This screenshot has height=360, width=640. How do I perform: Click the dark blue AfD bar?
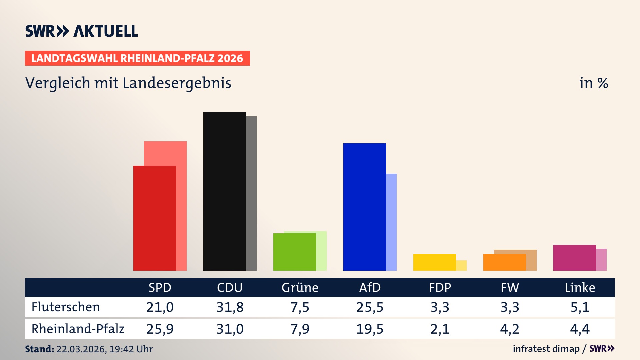[x=364, y=207]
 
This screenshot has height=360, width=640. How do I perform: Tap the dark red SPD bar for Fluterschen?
[x=154, y=218]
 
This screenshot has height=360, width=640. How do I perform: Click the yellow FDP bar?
[x=434, y=262]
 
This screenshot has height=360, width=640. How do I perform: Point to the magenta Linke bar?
[x=574, y=258]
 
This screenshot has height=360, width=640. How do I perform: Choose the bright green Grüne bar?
[x=294, y=252]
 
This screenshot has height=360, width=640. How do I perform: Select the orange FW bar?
[x=504, y=262]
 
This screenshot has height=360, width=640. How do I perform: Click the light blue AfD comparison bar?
[x=391, y=222]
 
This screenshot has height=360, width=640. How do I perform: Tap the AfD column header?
[x=370, y=288]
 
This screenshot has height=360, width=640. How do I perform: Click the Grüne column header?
[x=300, y=288]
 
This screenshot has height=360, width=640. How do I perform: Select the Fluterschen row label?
[x=66, y=307]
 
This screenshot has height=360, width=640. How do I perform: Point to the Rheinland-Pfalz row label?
[x=78, y=329]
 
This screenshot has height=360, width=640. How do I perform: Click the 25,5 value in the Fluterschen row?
[x=370, y=307]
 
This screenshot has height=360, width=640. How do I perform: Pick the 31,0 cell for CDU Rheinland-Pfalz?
[x=230, y=329]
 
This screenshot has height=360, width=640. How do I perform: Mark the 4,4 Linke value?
[x=580, y=329]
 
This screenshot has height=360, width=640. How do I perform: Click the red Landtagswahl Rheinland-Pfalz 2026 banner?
[x=137, y=58]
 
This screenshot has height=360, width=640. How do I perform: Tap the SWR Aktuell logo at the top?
[x=82, y=31]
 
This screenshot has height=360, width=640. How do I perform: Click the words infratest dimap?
[x=546, y=349]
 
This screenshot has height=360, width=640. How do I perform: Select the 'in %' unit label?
[x=594, y=83]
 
